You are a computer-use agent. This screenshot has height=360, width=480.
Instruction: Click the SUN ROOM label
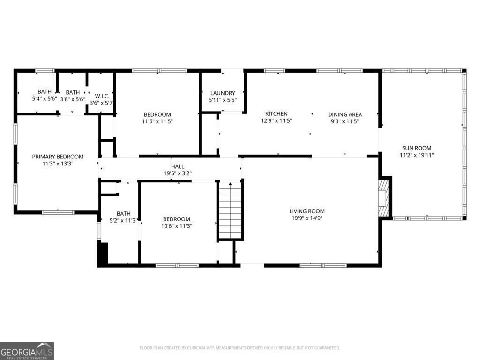(x=416, y=148)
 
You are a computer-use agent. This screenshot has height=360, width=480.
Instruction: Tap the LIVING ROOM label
(x=307, y=211)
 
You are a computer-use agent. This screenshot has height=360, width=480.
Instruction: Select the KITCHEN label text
(x=277, y=114)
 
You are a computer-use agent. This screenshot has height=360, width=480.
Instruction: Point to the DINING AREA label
(x=345, y=114)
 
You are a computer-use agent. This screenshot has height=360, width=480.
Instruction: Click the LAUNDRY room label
(x=223, y=93)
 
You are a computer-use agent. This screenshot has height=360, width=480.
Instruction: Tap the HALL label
(x=177, y=166)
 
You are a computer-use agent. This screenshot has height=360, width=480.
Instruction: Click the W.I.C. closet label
(x=102, y=96)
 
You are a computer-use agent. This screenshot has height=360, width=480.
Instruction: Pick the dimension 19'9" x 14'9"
(x=307, y=218)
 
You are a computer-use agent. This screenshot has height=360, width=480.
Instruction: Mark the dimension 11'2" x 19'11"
(x=416, y=155)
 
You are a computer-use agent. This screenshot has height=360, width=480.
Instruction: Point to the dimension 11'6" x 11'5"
(x=157, y=121)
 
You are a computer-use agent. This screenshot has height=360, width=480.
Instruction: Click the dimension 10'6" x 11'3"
(x=176, y=226)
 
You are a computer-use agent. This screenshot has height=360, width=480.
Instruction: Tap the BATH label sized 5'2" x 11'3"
(x=123, y=213)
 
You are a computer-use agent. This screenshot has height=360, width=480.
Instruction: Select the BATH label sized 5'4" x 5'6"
(x=45, y=92)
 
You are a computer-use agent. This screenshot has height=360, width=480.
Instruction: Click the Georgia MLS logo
(x=27, y=351)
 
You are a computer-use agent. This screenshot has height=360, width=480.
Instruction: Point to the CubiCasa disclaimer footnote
(x=240, y=348)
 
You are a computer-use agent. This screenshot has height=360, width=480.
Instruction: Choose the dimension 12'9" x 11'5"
(x=277, y=121)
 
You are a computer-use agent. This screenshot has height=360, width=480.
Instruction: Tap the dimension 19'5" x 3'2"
(x=177, y=173)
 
